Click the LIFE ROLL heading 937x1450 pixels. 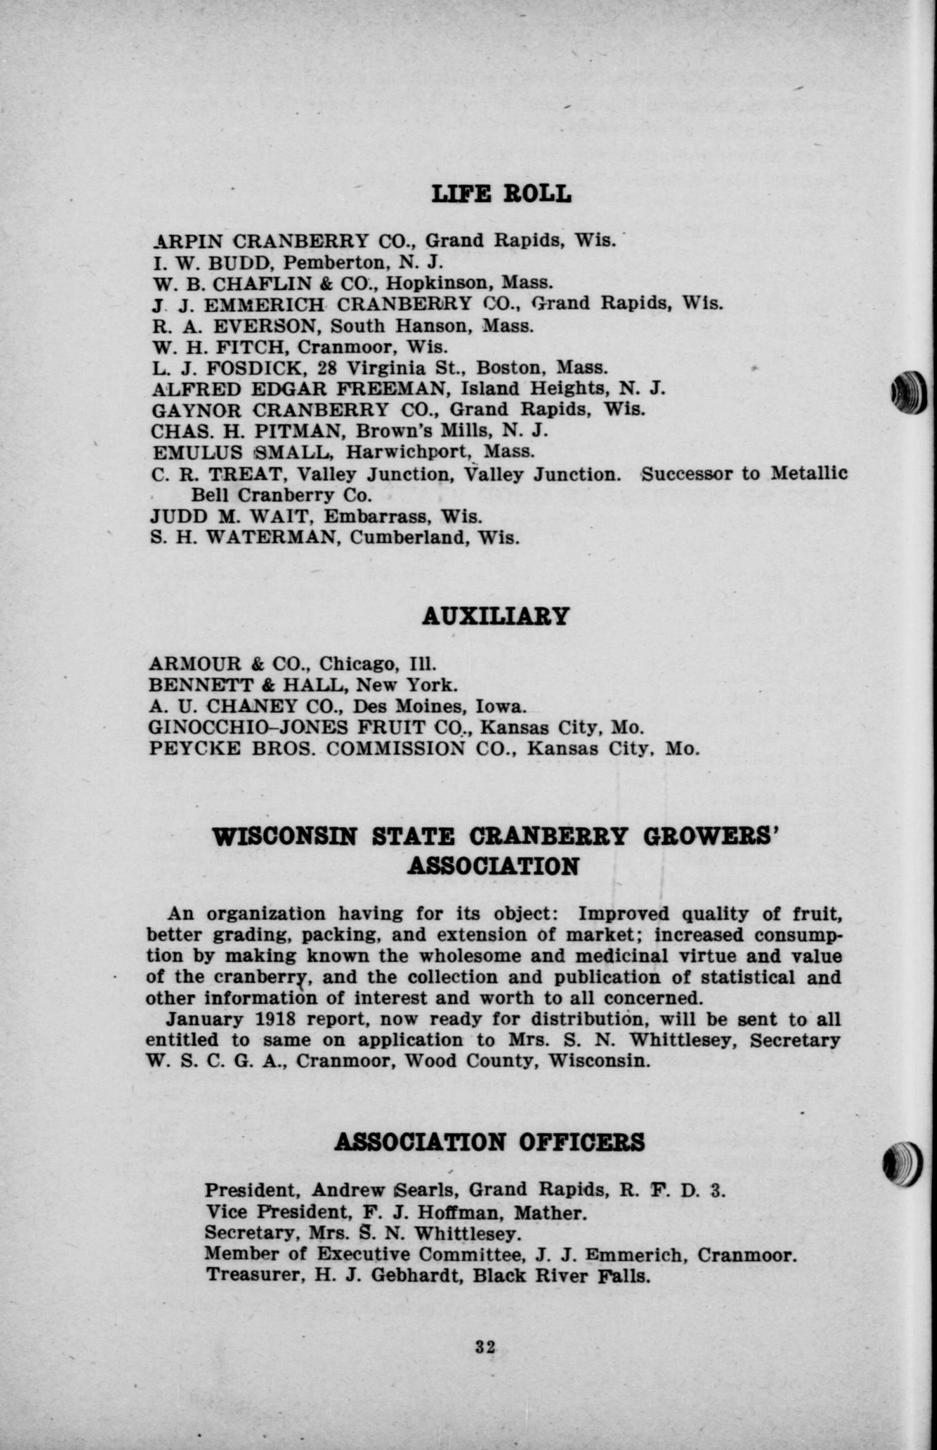501,194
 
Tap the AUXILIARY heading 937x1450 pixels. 496,616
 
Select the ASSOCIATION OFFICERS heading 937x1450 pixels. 489,1142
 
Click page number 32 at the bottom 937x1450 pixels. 485,1346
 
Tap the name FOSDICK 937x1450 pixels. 247,368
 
